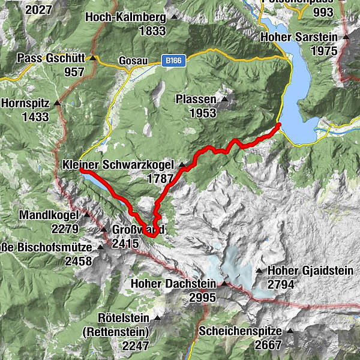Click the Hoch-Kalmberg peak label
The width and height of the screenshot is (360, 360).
click(126, 17)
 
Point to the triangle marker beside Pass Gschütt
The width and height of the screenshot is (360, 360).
click(93, 58)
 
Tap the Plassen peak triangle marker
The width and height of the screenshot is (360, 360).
click(224, 99)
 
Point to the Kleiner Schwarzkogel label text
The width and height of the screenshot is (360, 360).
click(118, 164)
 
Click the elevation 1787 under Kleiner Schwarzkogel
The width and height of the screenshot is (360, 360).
click(160, 178)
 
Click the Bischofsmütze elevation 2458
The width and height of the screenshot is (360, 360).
click(79, 261)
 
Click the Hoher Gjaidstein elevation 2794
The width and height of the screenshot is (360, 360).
click(281, 284)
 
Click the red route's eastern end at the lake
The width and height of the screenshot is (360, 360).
click(278, 125)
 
